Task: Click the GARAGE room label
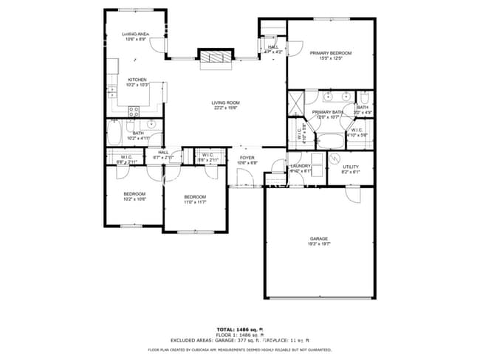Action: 319,238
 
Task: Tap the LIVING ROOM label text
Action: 226,103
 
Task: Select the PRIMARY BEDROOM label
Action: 331,53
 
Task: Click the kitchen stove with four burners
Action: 134,111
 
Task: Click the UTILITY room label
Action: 351,167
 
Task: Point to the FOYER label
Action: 247,157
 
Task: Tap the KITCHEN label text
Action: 137,80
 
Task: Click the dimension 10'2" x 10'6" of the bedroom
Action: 134,198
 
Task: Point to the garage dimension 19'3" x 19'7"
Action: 319,243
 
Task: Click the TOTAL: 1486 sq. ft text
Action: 240,329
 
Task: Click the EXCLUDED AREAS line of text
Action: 240,340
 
